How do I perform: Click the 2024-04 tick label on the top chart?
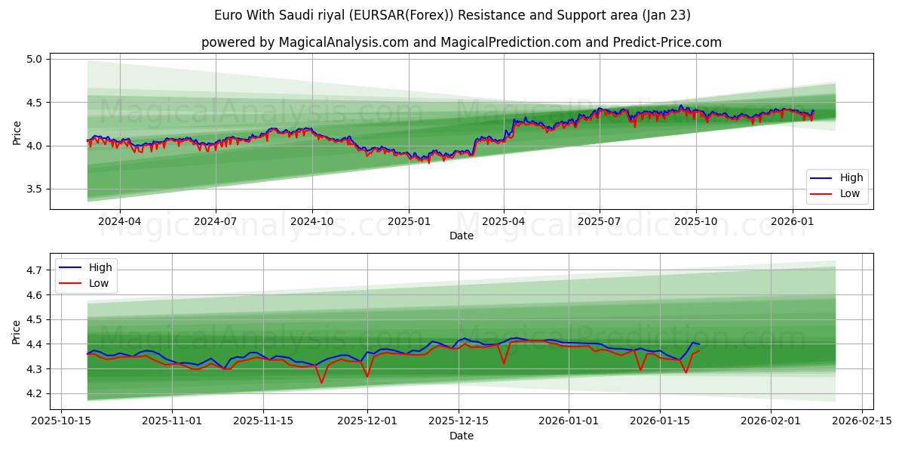[119, 221]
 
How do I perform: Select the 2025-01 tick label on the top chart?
[408, 221]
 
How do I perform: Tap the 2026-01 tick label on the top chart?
[792, 221]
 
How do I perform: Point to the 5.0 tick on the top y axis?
[35, 59]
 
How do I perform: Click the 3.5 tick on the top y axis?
[35, 190]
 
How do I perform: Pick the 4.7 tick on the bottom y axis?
[35, 270]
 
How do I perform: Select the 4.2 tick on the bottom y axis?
[35, 394]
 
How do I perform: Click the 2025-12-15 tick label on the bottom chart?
[458, 421]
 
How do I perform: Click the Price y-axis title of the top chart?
[17, 133]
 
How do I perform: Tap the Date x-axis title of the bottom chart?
[462, 436]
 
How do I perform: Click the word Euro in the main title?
[229, 15]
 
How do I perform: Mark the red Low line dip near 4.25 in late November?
[321, 382]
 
